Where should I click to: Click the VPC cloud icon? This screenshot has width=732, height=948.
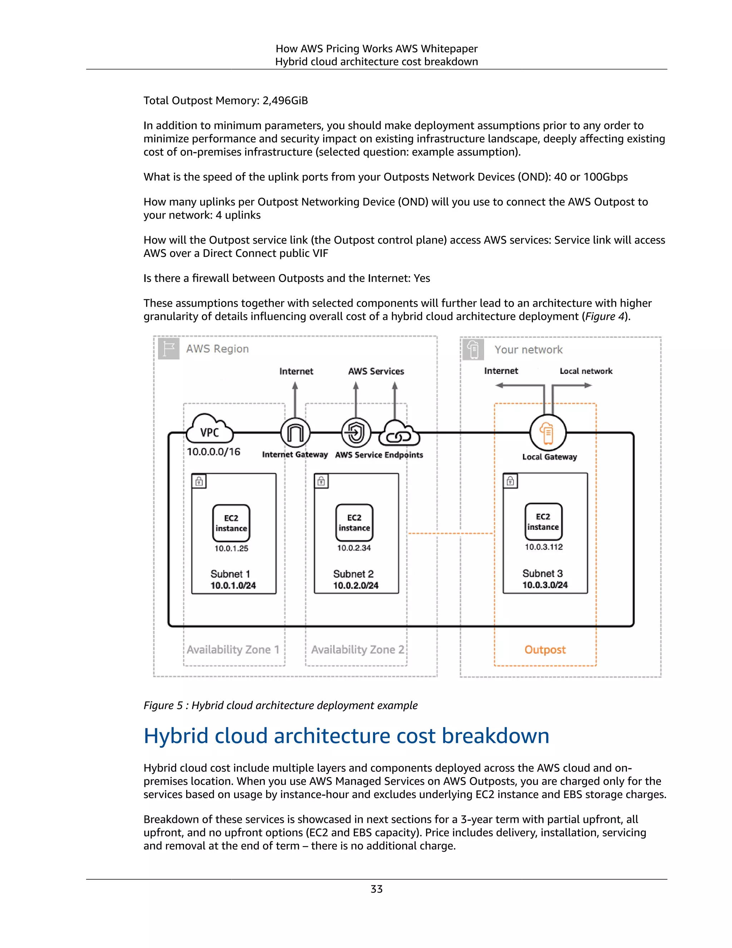pyautogui.click(x=209, y=430)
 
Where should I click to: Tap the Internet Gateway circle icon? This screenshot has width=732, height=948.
pyautogui.click(x=295, y=433)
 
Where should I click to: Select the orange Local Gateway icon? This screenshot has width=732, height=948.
pyautogui.click(x=548, y=433)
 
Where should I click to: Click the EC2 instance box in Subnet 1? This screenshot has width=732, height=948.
pyautogui.click(x=231, y=523)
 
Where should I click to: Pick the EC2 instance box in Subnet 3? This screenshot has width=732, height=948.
pyautogui.click(x=543, y=522)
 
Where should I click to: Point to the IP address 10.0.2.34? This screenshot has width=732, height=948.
pyautogui.click(x=354, y=548)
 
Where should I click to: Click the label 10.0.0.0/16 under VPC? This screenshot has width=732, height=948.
pyautogui.click(x=213, y=452)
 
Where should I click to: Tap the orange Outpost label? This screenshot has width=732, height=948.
pyautogui.click(x=545, y=650)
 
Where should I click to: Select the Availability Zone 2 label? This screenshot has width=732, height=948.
pyautogui.click(x=358, y=650)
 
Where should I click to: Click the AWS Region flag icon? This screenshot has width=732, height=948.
pyautogui.click(x=169, y=348)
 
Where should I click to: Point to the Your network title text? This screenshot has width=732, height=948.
pyautogui.click(x=528, y=350)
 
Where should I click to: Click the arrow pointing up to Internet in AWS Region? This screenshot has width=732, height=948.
pyautogui.click(x=295, y=397)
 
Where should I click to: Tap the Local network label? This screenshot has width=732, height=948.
pyautogui.click(x=586, y=371)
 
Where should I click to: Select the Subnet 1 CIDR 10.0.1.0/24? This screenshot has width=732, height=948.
pyautogui.click(x=233, y=586)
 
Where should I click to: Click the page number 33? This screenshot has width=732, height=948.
pyautogui.click(x=376, y=889)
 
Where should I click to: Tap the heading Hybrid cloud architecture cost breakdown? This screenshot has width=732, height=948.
pyautogui.click(x=346, y=736)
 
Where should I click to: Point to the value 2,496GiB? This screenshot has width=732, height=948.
pyautogui.click(x=285, y=101)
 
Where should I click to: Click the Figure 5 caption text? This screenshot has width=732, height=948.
pyautogui.click(x=280, y=705)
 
